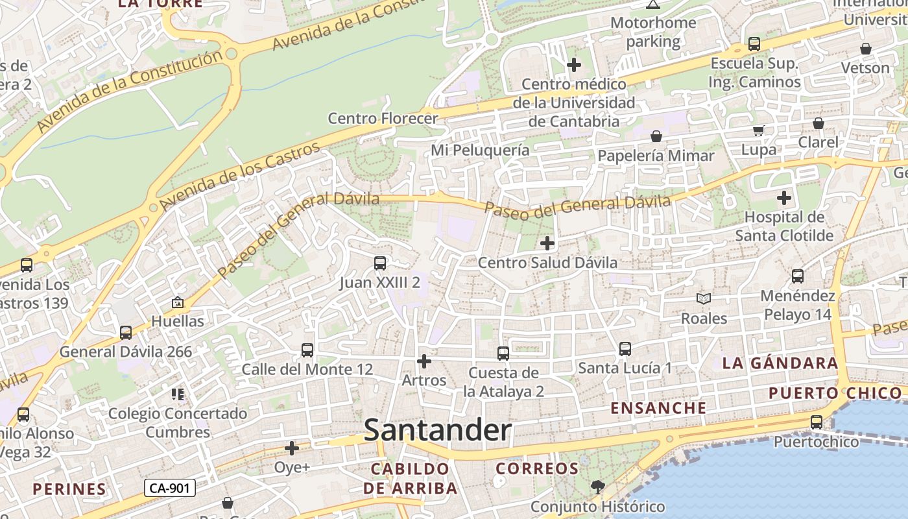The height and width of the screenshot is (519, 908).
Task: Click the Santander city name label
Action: (437, 430)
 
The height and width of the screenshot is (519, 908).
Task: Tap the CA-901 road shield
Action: (169, 488)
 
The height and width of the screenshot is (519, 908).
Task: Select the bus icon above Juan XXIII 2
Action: (380, 263)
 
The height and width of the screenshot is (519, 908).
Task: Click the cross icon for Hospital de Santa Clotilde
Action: (784, 197)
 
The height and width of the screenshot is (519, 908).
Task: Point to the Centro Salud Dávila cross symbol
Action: (547, 243)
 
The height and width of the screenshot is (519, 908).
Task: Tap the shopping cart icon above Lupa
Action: (758, 130)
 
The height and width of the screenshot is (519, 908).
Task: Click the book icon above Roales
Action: (704, 299)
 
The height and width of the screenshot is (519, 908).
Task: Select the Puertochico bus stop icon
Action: (817, 422)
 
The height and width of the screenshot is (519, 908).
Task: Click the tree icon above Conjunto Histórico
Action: (597, 487)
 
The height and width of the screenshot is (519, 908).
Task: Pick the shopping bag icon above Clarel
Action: (818, 123)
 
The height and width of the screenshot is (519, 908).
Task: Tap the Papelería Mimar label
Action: (655, 156)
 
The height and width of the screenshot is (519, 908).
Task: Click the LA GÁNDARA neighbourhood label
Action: (780, 363)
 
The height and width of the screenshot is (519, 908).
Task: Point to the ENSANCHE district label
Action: (658, 408)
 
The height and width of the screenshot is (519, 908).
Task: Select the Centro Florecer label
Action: (383, 119)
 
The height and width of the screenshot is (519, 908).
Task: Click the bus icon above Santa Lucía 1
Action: (625, 349)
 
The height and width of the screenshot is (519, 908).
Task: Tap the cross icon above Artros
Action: (424, 361)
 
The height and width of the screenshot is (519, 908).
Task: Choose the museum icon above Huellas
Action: (177, 302)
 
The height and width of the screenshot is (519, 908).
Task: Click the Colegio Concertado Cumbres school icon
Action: (178, 394)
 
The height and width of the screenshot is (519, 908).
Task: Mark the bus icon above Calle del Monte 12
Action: (307, 350)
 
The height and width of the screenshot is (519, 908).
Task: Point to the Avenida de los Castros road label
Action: (240, 175)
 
